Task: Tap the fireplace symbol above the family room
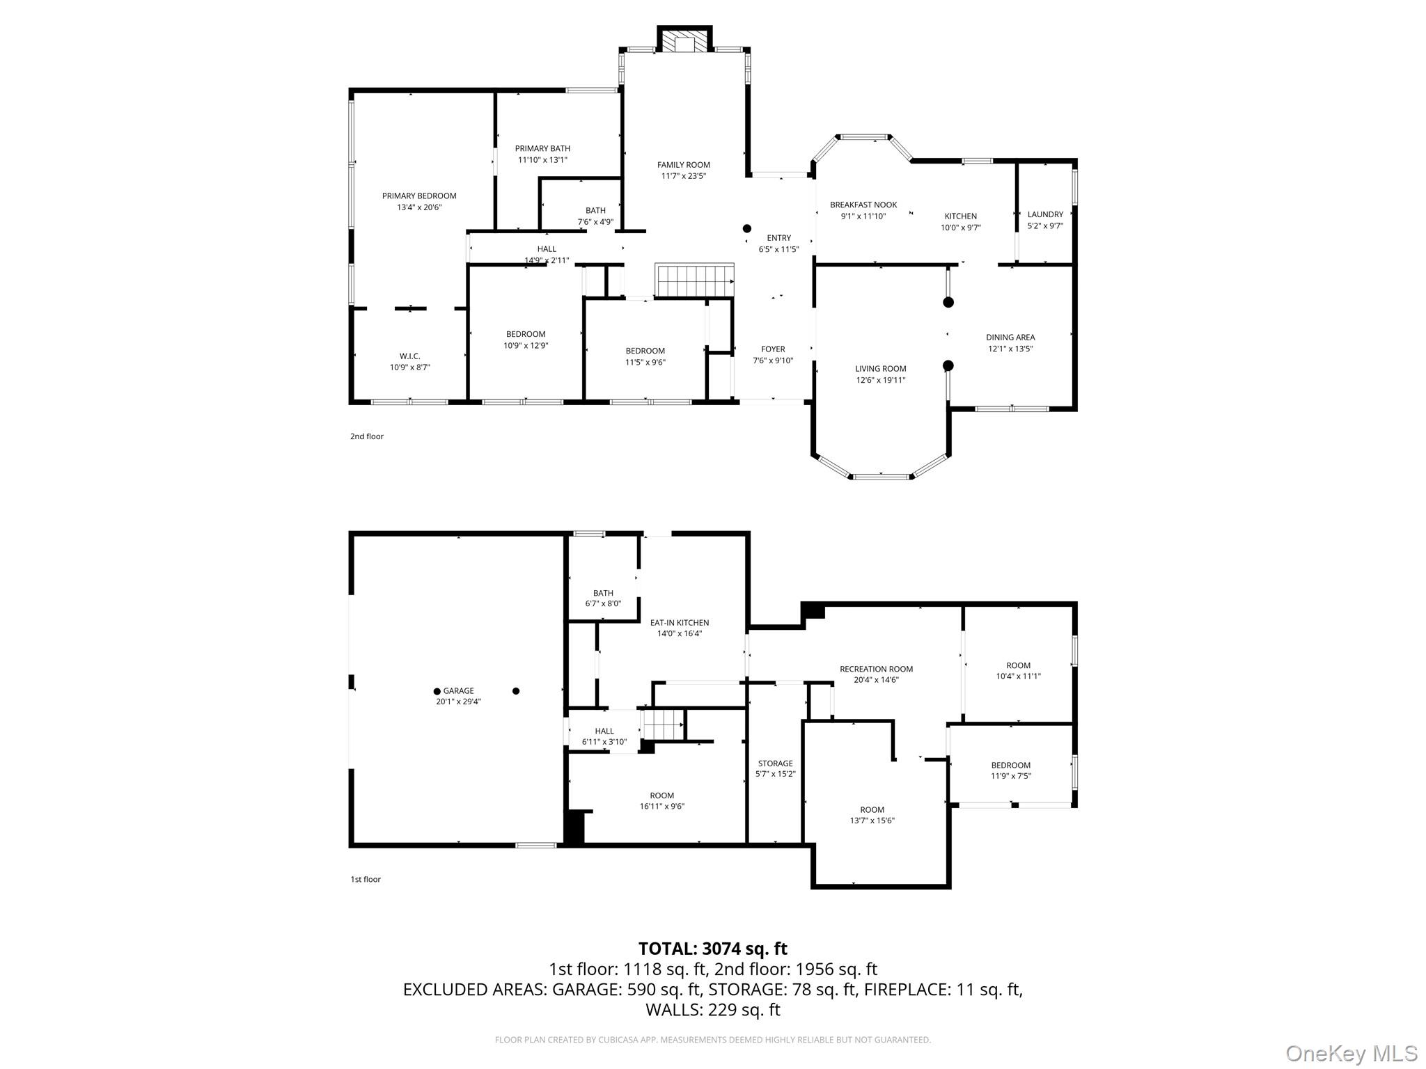[x=685, y=40]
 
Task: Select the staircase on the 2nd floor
[x=694, y=280]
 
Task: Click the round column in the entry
[x=747, y=228]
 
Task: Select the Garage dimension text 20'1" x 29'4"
[x=458, y=702]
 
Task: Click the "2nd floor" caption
[x=367, y=436]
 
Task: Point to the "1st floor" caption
[x=366, y=880]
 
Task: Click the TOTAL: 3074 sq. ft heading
[x=713, y=949]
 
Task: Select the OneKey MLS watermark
[x=1351, y=1054]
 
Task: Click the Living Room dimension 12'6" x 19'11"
[x=881, y=381]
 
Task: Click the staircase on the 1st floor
[x=662, y=724]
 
